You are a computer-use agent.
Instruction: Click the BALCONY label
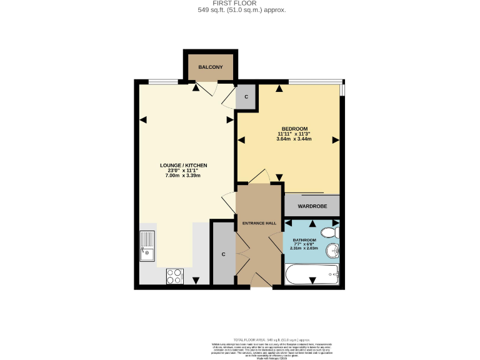(210, 67)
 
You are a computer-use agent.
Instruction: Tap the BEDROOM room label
(294, 129)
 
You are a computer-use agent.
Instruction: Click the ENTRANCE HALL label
(259, 222)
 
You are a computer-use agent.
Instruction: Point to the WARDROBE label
(312, 205)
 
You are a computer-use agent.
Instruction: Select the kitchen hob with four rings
(174, 276)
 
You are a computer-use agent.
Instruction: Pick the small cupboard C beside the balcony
(246, 97)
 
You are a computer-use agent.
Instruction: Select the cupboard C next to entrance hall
(224, 254)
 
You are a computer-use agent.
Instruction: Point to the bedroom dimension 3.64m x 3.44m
(294, 139)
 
